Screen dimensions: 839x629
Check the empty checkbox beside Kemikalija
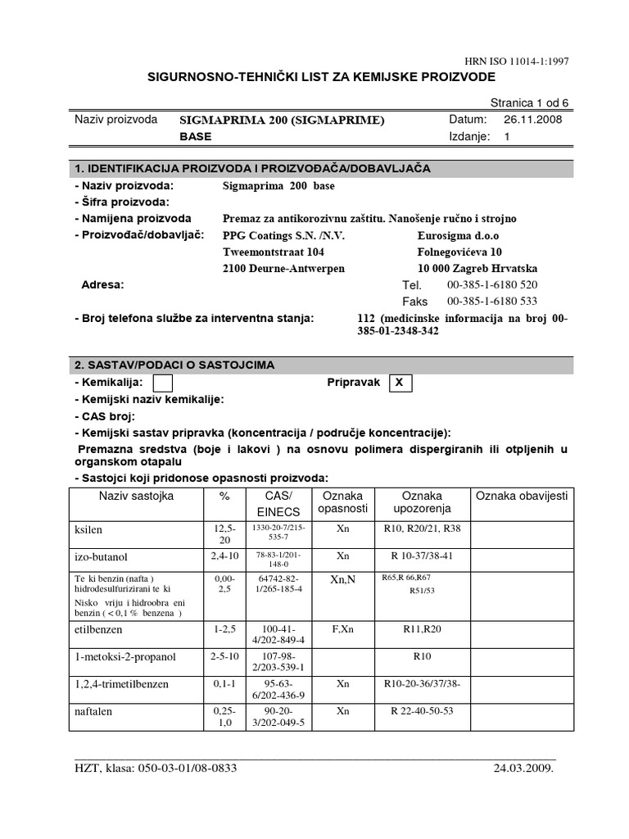pyautogui.click(x=163, y=383)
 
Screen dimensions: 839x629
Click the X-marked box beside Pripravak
pyautogui.click(x=399, y=383)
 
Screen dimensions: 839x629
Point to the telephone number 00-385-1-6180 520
pyautogui.click(x=492, y=284)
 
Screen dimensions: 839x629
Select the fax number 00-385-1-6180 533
pyautogui.click(x=492, y=302)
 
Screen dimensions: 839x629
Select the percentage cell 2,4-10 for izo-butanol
pyautogui.click(x=224, y=555)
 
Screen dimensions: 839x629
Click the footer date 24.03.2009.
pyautogui.click(x=523, y=769)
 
